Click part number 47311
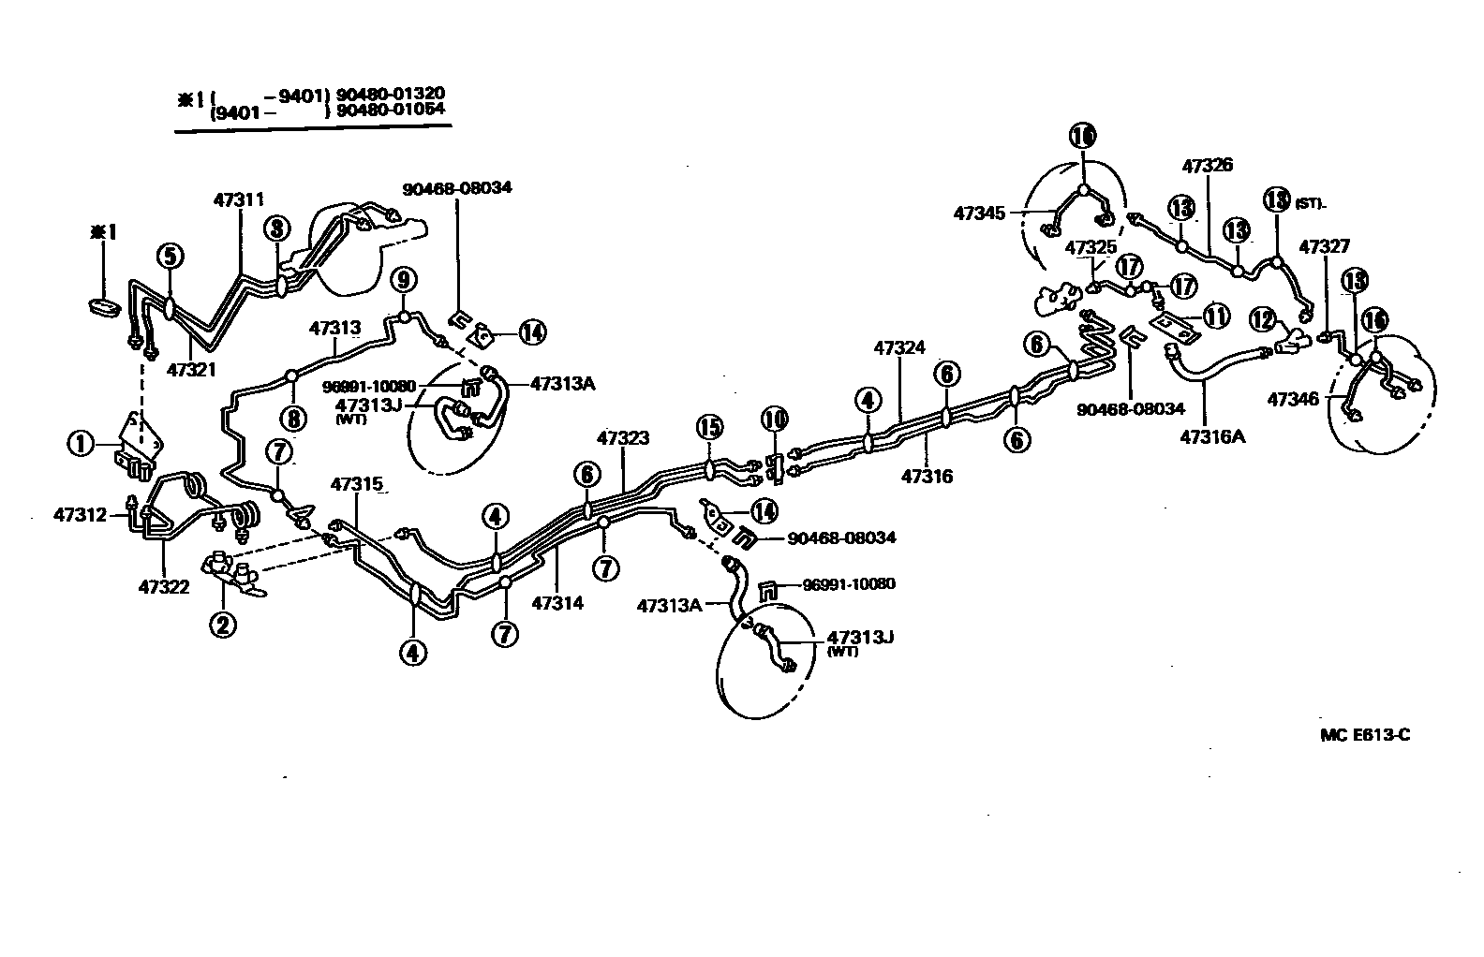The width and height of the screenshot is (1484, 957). pyautogui.click(x=239, y=199)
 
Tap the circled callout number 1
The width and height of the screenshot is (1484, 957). pyautogui.click(x=82, y=443)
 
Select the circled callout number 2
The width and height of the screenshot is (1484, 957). pyautogui.click(x=223, y=624)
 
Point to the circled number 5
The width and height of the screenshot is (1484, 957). pyautogui.click(x=170, y=255)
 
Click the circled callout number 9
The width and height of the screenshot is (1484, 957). pyautogui.click(x=403, y=278)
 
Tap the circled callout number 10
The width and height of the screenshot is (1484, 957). pyautogui.click(x=775, y=419)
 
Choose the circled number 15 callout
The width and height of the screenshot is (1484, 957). pyautogui.click(x=709, y=427)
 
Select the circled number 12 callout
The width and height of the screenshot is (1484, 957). pyautogui.click(x=1262, y=320)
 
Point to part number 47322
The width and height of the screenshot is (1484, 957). pyautogui.click(x=164, y=587)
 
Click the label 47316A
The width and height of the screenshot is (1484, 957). pyautogui.click(x=1211, y=435)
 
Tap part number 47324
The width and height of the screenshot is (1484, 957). pyautogui.click(x=898, y=348)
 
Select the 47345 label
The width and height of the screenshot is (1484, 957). pyautogui.click(x=979, y=213)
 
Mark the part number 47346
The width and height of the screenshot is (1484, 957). pyautogui.click(x=1293, y=400)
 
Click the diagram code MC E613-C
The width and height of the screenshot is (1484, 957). pyautogui.click(x=1364, y=735)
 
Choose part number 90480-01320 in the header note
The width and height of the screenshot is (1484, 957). pyautogui.click(x=391, y=94)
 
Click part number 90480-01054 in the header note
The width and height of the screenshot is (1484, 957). pyautogui.click(x=391, y=111)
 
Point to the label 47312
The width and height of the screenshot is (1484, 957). pyautogui.click(x=80, y=514)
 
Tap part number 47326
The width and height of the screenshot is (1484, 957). pyautogui.click(x=1207, y=166)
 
